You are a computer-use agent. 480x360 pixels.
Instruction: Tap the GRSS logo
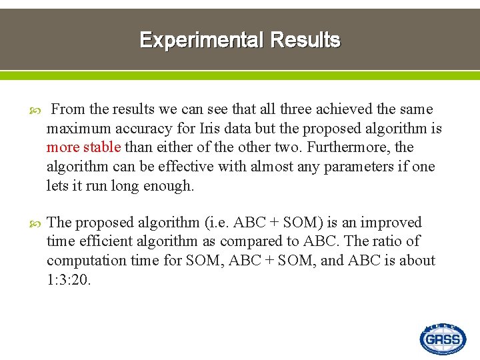click(x=443, y=339)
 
